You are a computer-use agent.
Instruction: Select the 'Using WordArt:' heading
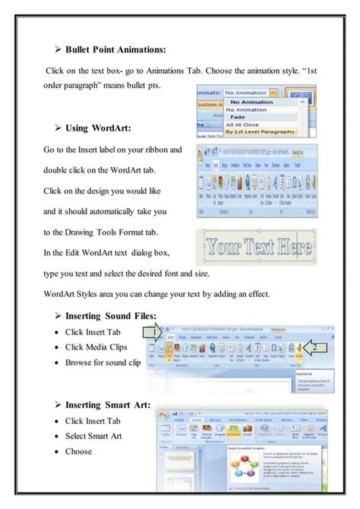[x=98, y=128]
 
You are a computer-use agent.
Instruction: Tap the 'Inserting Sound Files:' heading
[x=110, y=315]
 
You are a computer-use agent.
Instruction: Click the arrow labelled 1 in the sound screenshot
[x=154, y=332]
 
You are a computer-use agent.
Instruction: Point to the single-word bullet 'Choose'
[x=78, y=451]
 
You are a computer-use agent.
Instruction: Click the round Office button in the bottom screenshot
[x=163, y=416]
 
